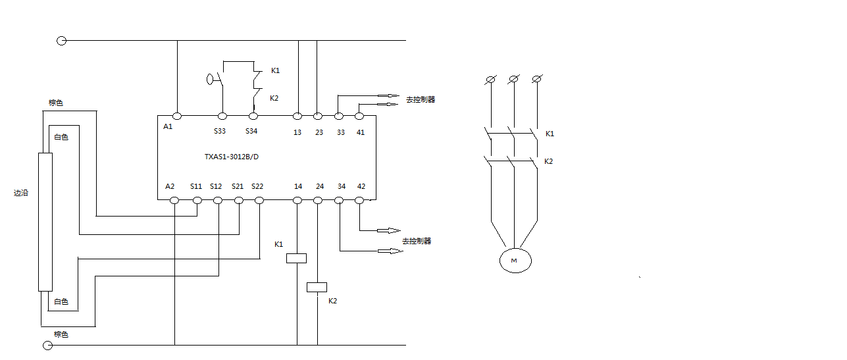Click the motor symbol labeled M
515,261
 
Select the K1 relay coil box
297,259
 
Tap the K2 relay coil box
317,287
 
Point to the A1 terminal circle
177,116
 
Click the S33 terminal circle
222,116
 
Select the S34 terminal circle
253,116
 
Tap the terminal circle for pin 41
359,116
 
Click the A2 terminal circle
174,199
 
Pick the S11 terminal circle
197,199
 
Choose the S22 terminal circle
259,199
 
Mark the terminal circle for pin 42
359,199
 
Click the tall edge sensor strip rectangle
45,222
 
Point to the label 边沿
21,193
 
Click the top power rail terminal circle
61,41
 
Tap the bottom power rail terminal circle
47,345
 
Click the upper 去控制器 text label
421,100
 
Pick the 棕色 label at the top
56,103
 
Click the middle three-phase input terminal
513,80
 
